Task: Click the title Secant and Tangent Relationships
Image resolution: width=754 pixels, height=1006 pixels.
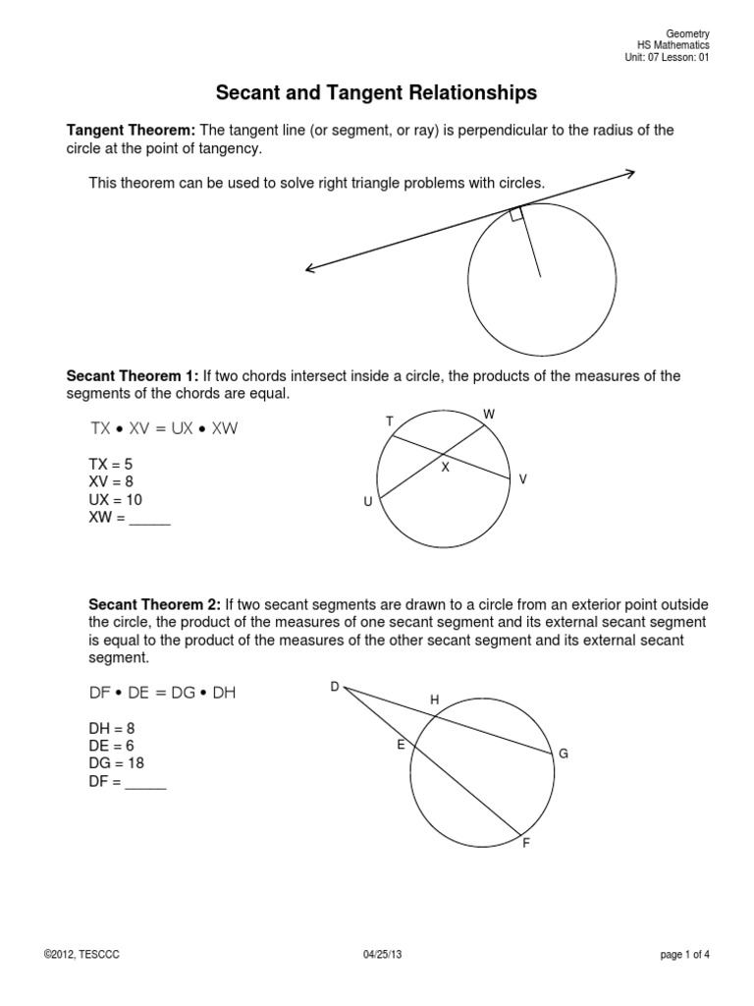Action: click(x=376, y=93)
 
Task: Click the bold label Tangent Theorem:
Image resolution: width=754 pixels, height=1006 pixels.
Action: click(x=132, y=131)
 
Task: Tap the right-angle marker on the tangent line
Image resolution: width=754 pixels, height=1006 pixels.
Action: click(x=516, y=214)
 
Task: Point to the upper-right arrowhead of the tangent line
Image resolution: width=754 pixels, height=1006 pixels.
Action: click(x=628, y=174)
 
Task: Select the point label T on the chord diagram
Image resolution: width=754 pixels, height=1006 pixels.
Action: click(x=390, y=421)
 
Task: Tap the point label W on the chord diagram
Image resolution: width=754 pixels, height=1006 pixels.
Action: click(x=489, y=415)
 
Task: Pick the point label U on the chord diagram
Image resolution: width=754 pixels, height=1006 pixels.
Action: click(x=368, y=502)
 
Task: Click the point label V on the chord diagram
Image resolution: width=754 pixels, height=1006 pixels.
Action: click(x=523, y=478)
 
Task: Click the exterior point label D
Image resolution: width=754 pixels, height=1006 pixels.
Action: click(x=334, y=687)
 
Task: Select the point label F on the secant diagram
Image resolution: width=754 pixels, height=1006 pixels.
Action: click(x=526, y=844)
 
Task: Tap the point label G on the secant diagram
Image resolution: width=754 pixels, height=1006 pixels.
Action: click(x=564, y=754)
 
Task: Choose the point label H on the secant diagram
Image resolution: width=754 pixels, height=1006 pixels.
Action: click(x=436, y=699)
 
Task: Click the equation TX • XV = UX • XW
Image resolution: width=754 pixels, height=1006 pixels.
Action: click(x=164, y=429)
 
